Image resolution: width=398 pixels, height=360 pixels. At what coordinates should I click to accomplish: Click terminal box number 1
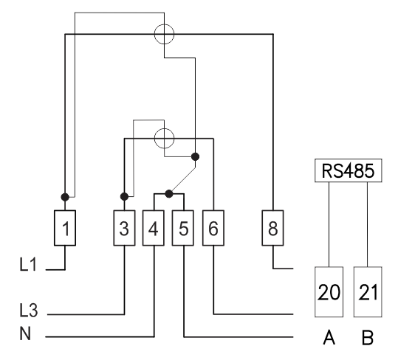coord(65,228)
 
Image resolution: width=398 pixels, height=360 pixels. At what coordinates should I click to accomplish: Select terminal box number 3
coord(124,228)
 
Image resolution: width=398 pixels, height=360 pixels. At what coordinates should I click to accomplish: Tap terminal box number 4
coord(154,228)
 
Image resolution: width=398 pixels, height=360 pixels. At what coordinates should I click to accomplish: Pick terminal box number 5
coord(183,228)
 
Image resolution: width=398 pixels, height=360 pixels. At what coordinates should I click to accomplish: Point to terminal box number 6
coord(213,228)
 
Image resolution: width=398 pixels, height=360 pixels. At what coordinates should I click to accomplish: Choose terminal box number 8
coord(273,228)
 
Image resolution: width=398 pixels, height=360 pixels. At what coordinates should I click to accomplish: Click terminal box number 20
coord(329,292)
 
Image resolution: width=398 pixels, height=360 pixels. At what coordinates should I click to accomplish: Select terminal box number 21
coord(368,292)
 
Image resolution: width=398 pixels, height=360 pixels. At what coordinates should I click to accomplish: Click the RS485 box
coord(349,170)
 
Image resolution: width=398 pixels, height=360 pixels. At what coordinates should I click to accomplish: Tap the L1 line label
coord(28,264)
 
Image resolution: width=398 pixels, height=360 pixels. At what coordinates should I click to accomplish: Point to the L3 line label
coord(28,310)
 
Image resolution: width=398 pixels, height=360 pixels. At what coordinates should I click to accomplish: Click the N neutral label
coord(25,333)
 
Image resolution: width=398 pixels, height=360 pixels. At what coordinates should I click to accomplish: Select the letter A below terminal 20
coord(329,338)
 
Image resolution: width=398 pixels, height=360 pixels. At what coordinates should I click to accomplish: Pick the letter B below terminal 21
coord(368,338)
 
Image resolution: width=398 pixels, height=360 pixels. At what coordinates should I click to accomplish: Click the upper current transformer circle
coord(164,24)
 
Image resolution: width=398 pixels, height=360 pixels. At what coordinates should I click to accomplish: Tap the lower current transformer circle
coord(164,128)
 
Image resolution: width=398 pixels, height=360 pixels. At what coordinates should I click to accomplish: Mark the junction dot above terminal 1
coord(65,197)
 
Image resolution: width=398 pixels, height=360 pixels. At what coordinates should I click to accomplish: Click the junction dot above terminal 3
coord(124,196)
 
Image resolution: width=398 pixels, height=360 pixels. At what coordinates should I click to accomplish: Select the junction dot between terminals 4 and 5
coord(169,194)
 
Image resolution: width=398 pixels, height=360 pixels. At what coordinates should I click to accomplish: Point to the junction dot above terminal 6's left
coord(195,156)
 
